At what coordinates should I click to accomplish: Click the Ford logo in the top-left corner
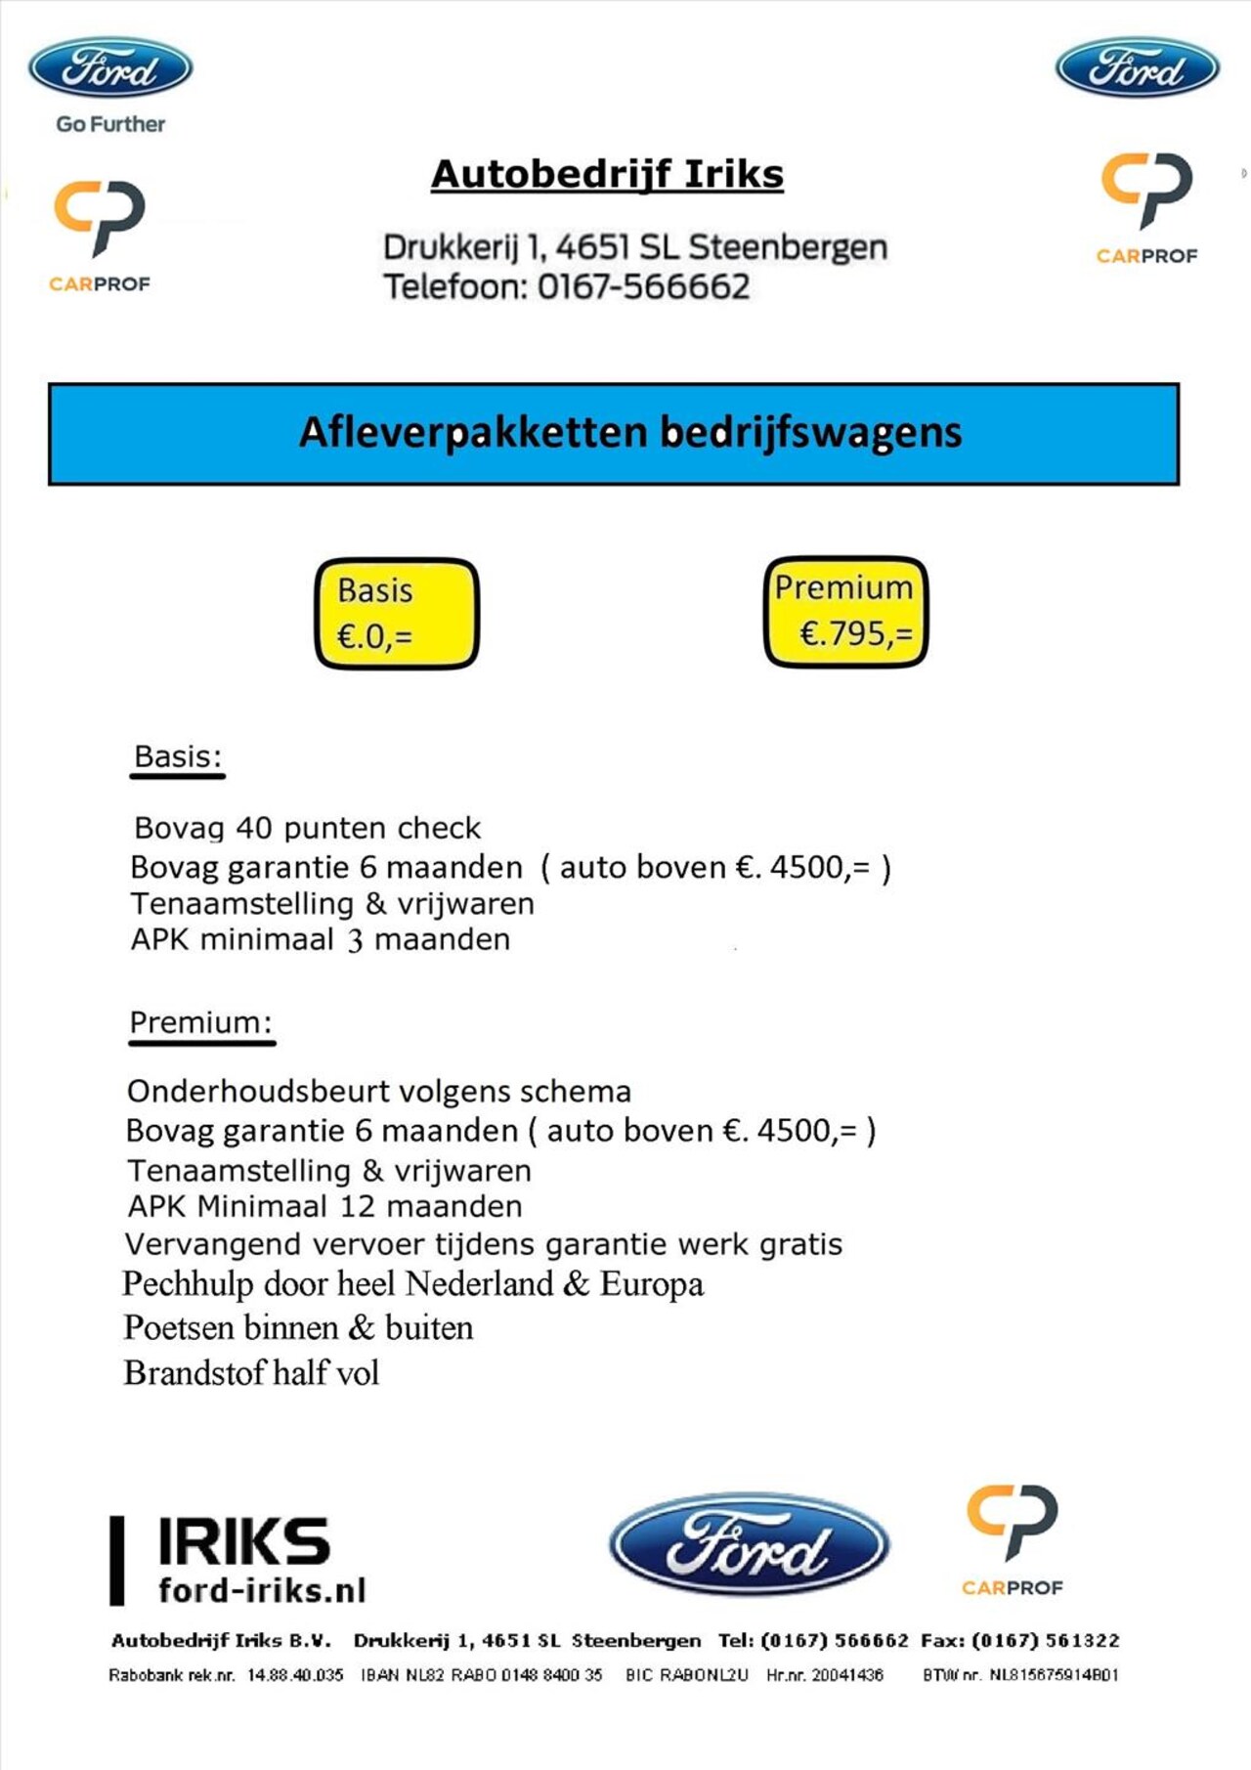click(x=110, y=68)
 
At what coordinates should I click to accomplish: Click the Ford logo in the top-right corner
click(x=1137, y=68)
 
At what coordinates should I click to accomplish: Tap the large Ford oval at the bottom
click(x=749, y=1545)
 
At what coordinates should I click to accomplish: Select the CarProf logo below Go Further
click(x=100, y=235)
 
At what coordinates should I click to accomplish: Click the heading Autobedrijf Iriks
click(x=607, y=175)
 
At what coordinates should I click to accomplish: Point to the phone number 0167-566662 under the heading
click(x=643, y=287)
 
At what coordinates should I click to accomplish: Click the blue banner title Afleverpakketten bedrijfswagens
click(x=630, y=433)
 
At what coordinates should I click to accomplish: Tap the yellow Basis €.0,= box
click(x=397, y=614)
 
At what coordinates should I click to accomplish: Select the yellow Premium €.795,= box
click(x=845, y=612)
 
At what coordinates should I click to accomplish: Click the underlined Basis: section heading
click(x=178, y=757)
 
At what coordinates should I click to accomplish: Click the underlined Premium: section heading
click(x=200, y=1022)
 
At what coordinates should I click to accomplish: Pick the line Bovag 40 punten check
click(x=307, y=829)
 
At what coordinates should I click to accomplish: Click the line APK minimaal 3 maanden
click(x=321, y=940)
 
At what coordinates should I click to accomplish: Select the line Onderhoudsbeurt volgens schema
click(x=379, y=1092)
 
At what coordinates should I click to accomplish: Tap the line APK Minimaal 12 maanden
click(x=324, y=1207)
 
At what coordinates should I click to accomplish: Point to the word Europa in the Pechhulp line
click(x=652, y=1284)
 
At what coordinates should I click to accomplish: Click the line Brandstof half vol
click(x=251, y=1373)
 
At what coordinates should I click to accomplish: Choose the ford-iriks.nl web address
click(x=262, y=1590)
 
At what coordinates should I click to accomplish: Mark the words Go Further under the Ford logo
click(x=110, y=124)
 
